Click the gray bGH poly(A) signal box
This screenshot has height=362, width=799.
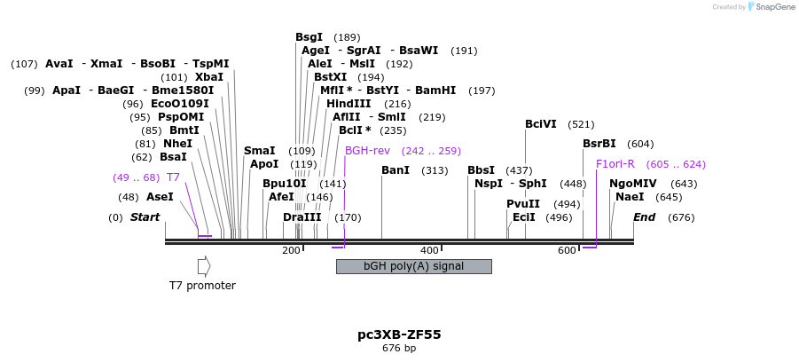click(413, 266)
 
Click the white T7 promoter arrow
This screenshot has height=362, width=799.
click(204, 265)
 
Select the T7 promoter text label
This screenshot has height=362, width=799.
click(202, 286)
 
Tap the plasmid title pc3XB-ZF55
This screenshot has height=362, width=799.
click(399, 334)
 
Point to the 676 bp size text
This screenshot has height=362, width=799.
click(399, 348)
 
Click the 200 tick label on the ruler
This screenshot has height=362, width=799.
click(291, 251)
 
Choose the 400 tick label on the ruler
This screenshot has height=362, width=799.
click(429, 251)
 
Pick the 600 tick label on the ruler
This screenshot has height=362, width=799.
click(568, 251)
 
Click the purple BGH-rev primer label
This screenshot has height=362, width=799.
click(366, 151)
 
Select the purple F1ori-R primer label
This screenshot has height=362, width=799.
click(615, 164)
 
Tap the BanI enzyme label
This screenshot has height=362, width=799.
click(396, 170)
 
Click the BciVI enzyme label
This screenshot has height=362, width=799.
click(541, 124)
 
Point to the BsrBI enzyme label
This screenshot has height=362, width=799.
click(599, 144)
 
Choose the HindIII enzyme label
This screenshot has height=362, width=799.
click(349, 104)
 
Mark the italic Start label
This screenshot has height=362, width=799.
click(145, 217)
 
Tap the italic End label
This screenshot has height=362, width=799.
click(644, 217)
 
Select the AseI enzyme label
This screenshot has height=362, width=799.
click(160, 197)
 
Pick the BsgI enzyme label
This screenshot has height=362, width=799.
click(309, 37)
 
